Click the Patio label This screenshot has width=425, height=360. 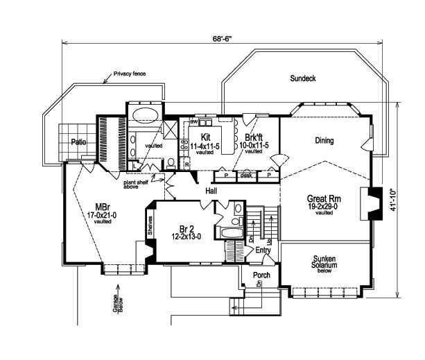[78, 142]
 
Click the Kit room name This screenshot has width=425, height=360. [205, 137]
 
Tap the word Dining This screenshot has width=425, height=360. [324, 141]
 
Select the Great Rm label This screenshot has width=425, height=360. [322, 198]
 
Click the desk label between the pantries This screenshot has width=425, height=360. [245, 175]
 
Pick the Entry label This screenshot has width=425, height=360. [263, 250]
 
